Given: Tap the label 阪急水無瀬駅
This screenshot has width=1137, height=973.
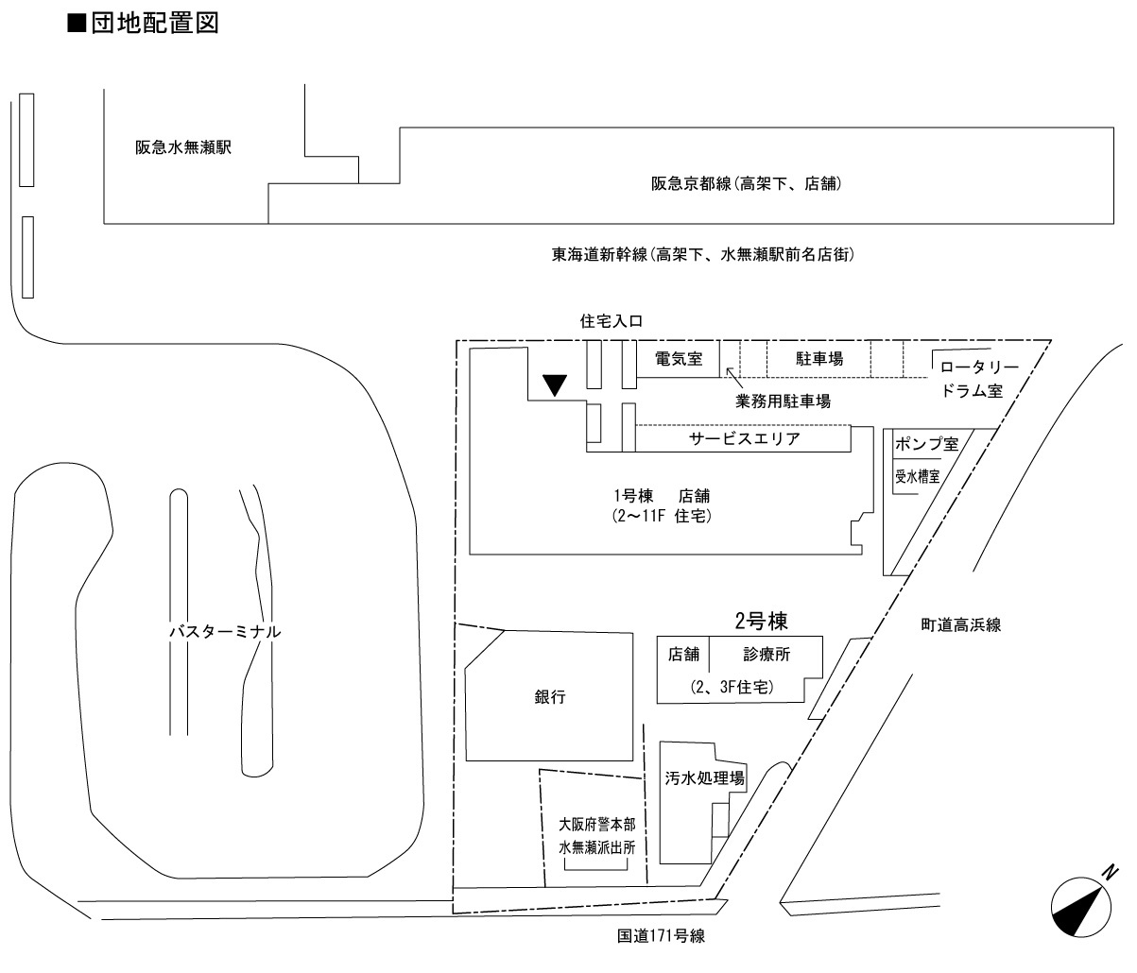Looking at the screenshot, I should coord(183,148).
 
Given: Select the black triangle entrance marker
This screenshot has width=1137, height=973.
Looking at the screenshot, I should coord(555,384).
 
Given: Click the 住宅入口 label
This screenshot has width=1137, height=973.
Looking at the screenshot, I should coord(611,321).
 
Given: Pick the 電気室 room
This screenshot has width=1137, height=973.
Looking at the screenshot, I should coord(678,358).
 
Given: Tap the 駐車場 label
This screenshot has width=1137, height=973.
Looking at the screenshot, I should coord(818,358).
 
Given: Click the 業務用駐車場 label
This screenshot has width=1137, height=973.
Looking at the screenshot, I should coord(783,401).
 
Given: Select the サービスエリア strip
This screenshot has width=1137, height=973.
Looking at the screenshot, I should coord(744,439).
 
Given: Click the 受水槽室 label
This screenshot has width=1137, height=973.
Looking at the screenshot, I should coord(917,476).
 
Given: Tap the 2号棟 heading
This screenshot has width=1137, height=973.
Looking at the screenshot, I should coord(761,621).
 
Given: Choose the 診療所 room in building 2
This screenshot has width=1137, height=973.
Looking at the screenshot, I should coord(767,654).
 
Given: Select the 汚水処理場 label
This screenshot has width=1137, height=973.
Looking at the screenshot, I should coord(705,779).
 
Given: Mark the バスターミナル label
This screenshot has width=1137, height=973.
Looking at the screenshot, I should coord(224,632).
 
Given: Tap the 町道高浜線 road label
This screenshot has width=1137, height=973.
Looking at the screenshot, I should coord(961,624).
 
